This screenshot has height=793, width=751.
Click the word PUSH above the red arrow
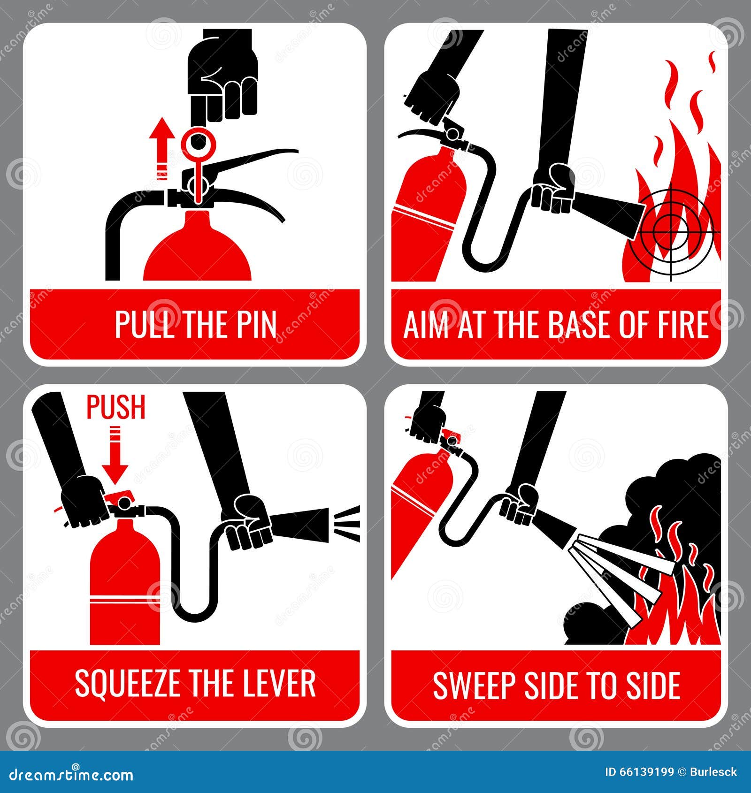(x=116, y=407)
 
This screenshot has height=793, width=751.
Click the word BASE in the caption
(x=581, y=324)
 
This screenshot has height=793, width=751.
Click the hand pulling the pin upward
(x=223, y=80)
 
